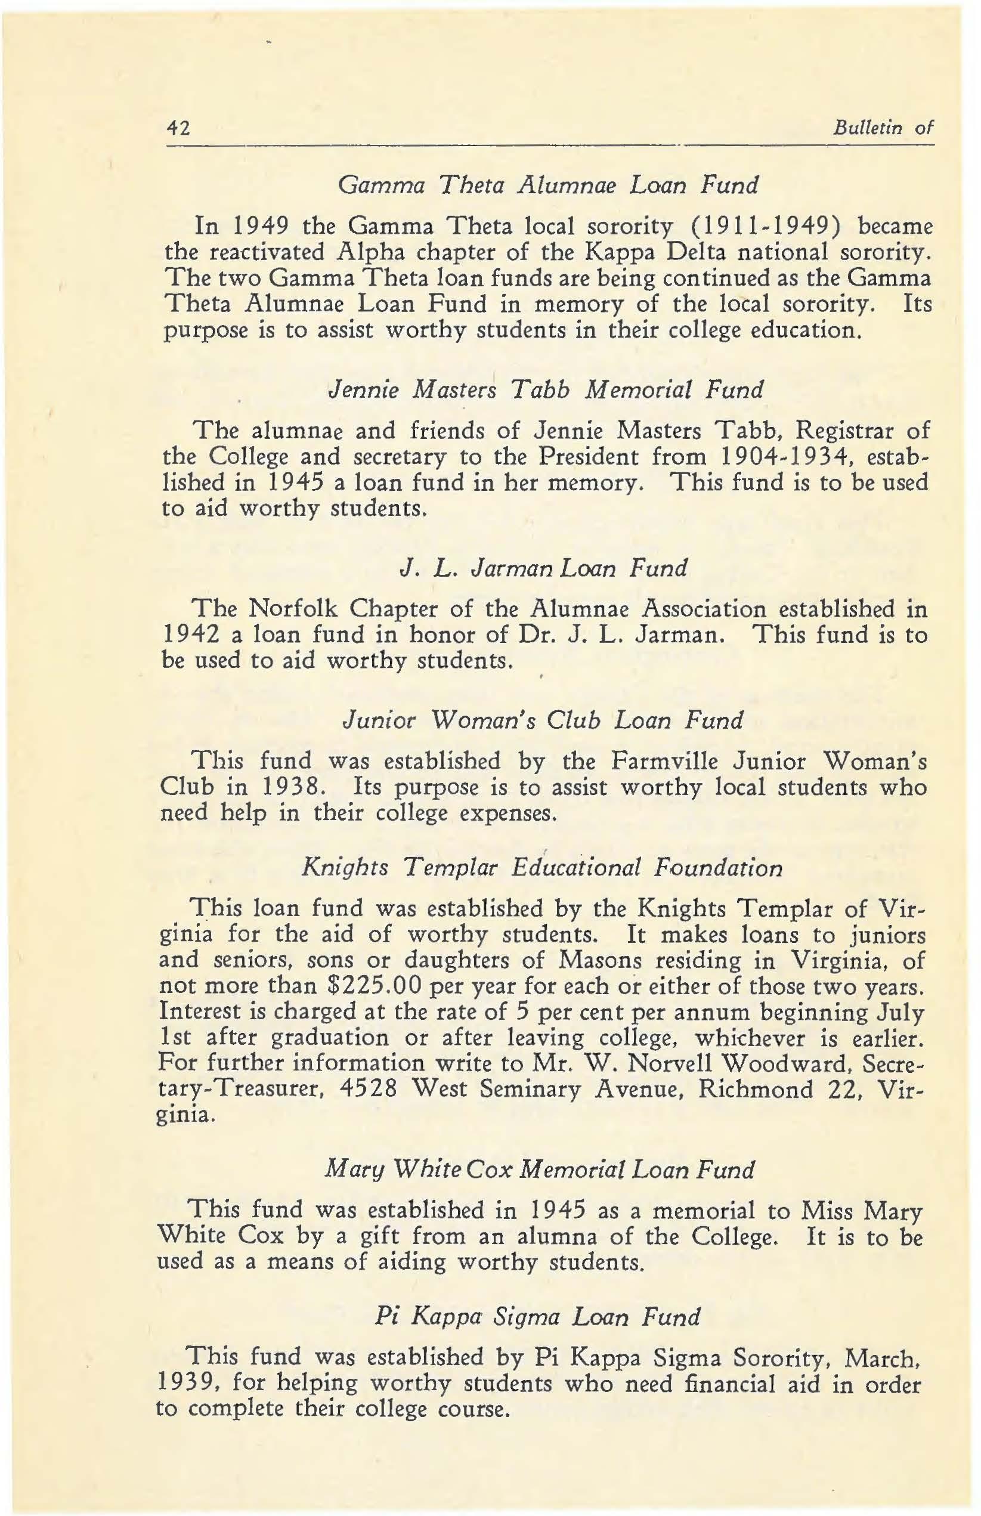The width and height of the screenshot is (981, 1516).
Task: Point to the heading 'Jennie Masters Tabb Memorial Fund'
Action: [x=544, y=389]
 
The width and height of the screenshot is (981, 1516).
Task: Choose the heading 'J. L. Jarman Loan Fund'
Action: [x=541, y=567]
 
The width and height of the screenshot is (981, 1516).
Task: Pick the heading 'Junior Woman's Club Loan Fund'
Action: [x=543, y=720]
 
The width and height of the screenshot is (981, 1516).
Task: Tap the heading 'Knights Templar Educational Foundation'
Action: [x=542, y=867]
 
